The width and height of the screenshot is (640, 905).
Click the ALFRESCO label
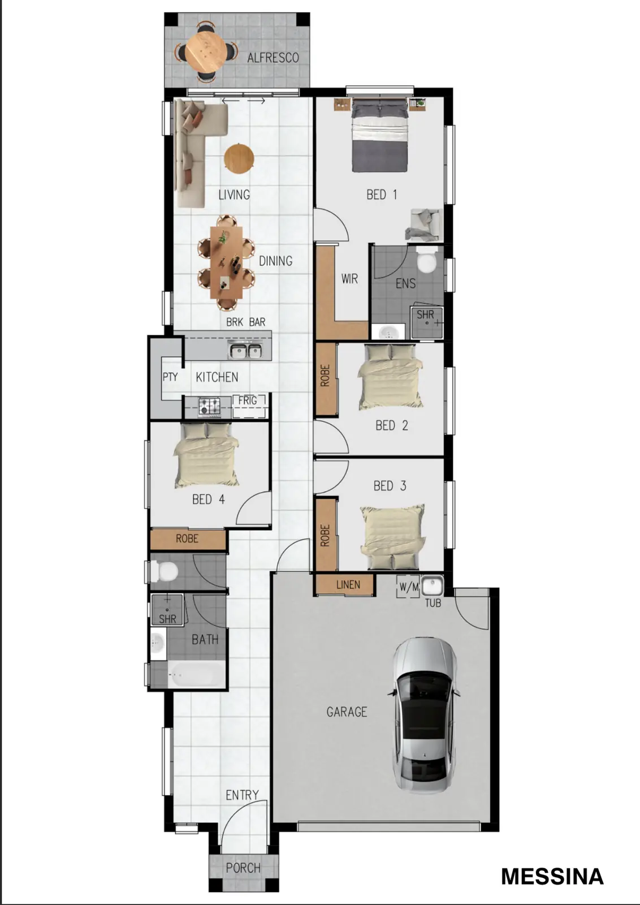coord(273,58)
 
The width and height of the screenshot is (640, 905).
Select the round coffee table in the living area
coord(239,158)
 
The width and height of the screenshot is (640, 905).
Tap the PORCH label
coord(243,868)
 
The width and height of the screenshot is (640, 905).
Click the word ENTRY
coord(242,795)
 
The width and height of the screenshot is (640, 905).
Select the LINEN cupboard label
coord(348,585)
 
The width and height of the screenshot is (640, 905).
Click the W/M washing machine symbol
coord(409,587)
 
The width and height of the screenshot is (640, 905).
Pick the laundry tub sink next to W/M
coord(433,586)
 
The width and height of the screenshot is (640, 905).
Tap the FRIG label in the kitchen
coord(248,400)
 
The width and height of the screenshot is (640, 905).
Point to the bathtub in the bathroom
coord(196,674)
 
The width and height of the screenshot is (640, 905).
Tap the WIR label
coord(349,279)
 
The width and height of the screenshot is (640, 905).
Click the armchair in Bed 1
coord(424,225)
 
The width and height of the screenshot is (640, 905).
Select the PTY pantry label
coord(170,377)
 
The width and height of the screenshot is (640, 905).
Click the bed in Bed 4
coord(206,455)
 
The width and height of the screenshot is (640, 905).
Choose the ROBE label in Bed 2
coord(325,376)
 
